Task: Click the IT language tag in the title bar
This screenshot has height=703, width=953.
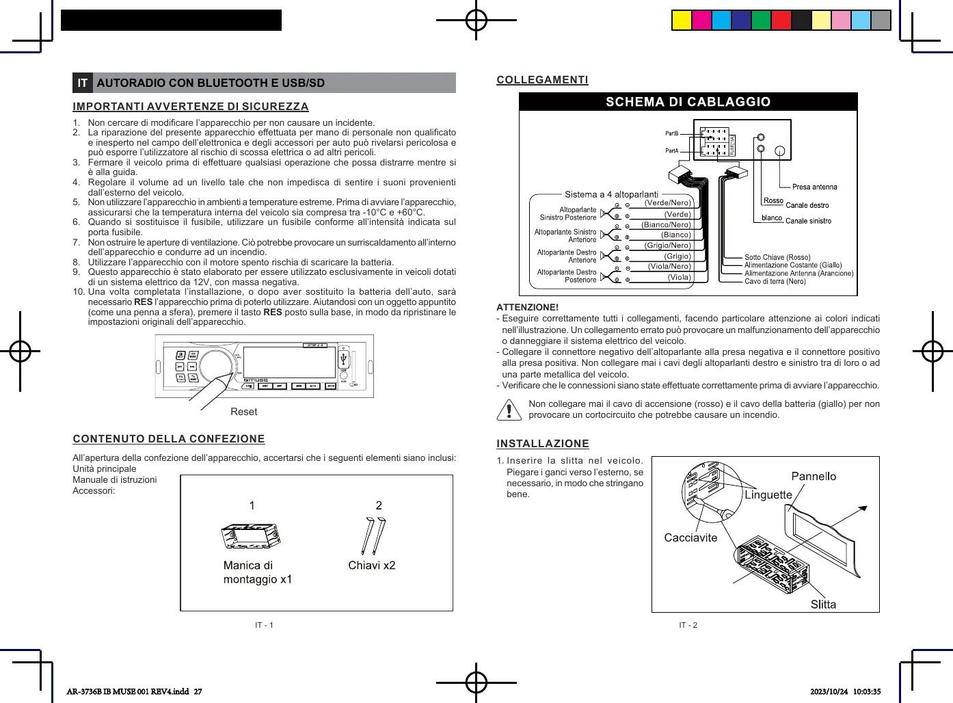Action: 83,83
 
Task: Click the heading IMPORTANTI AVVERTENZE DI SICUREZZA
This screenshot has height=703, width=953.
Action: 191,107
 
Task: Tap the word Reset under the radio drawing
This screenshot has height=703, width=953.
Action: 244,412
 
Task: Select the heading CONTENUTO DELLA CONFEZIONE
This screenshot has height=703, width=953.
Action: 169,439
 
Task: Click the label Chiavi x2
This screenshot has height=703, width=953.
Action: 371,566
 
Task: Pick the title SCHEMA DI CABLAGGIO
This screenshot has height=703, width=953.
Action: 688,102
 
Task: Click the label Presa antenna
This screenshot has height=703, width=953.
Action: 814,187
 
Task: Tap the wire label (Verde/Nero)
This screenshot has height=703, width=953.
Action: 668,202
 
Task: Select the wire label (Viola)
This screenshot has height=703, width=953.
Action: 679,277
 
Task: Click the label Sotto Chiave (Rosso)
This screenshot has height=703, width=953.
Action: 777,257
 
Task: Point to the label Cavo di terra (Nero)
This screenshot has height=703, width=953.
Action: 775,281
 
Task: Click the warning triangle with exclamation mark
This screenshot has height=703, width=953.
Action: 509,409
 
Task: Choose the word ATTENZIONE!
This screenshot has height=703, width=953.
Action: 527,307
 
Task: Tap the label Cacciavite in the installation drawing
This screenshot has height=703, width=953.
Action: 690,538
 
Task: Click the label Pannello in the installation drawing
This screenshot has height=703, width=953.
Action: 814,476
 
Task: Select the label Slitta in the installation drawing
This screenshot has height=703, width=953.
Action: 823,604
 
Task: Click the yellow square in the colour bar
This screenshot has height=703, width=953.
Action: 682,21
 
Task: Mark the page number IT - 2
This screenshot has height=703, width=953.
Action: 688,625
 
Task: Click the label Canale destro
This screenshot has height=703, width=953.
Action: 807,205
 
